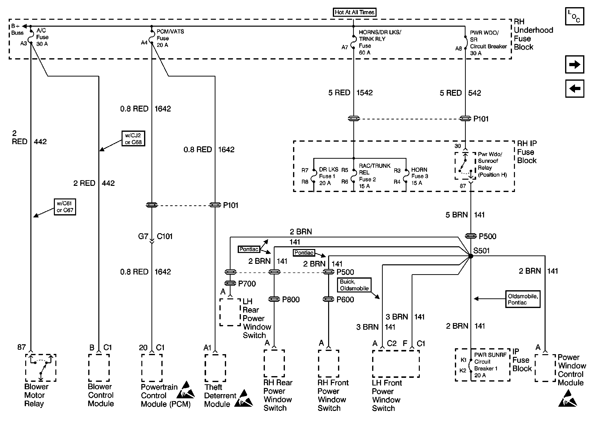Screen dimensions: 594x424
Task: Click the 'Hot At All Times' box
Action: tap(354, 12)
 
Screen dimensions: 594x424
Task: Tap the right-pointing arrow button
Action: tap(574, 64)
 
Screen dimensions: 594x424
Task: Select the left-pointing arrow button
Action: tap(574, 89)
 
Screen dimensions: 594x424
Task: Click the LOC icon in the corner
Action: tap(574, 16)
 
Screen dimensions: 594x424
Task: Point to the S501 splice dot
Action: tap(471, 256)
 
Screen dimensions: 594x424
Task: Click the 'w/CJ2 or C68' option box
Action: tap(133, 138)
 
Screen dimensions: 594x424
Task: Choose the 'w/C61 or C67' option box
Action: tap(65, 207)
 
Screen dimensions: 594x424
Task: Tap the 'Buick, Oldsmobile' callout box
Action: tap(354, 285)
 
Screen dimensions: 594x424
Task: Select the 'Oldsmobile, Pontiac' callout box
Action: tap(523, 299)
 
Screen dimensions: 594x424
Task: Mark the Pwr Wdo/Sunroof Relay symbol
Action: tap(465, 166)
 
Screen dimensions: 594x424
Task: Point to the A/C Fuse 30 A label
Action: tap(42, 37)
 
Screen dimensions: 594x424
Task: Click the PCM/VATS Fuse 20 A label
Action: tap(170, 38)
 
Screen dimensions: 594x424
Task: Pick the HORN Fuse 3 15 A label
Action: tap(420, 176)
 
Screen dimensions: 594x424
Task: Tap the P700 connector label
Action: tap(247, 284)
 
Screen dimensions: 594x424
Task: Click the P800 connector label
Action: tap(291, 299)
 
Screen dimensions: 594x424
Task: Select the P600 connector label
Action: tap(345, 299)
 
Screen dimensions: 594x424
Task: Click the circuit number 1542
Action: tap(364, 93)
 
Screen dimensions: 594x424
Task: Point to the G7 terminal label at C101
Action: tap(143, 236)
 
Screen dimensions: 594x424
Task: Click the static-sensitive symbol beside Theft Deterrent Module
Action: tap(243, 398)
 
